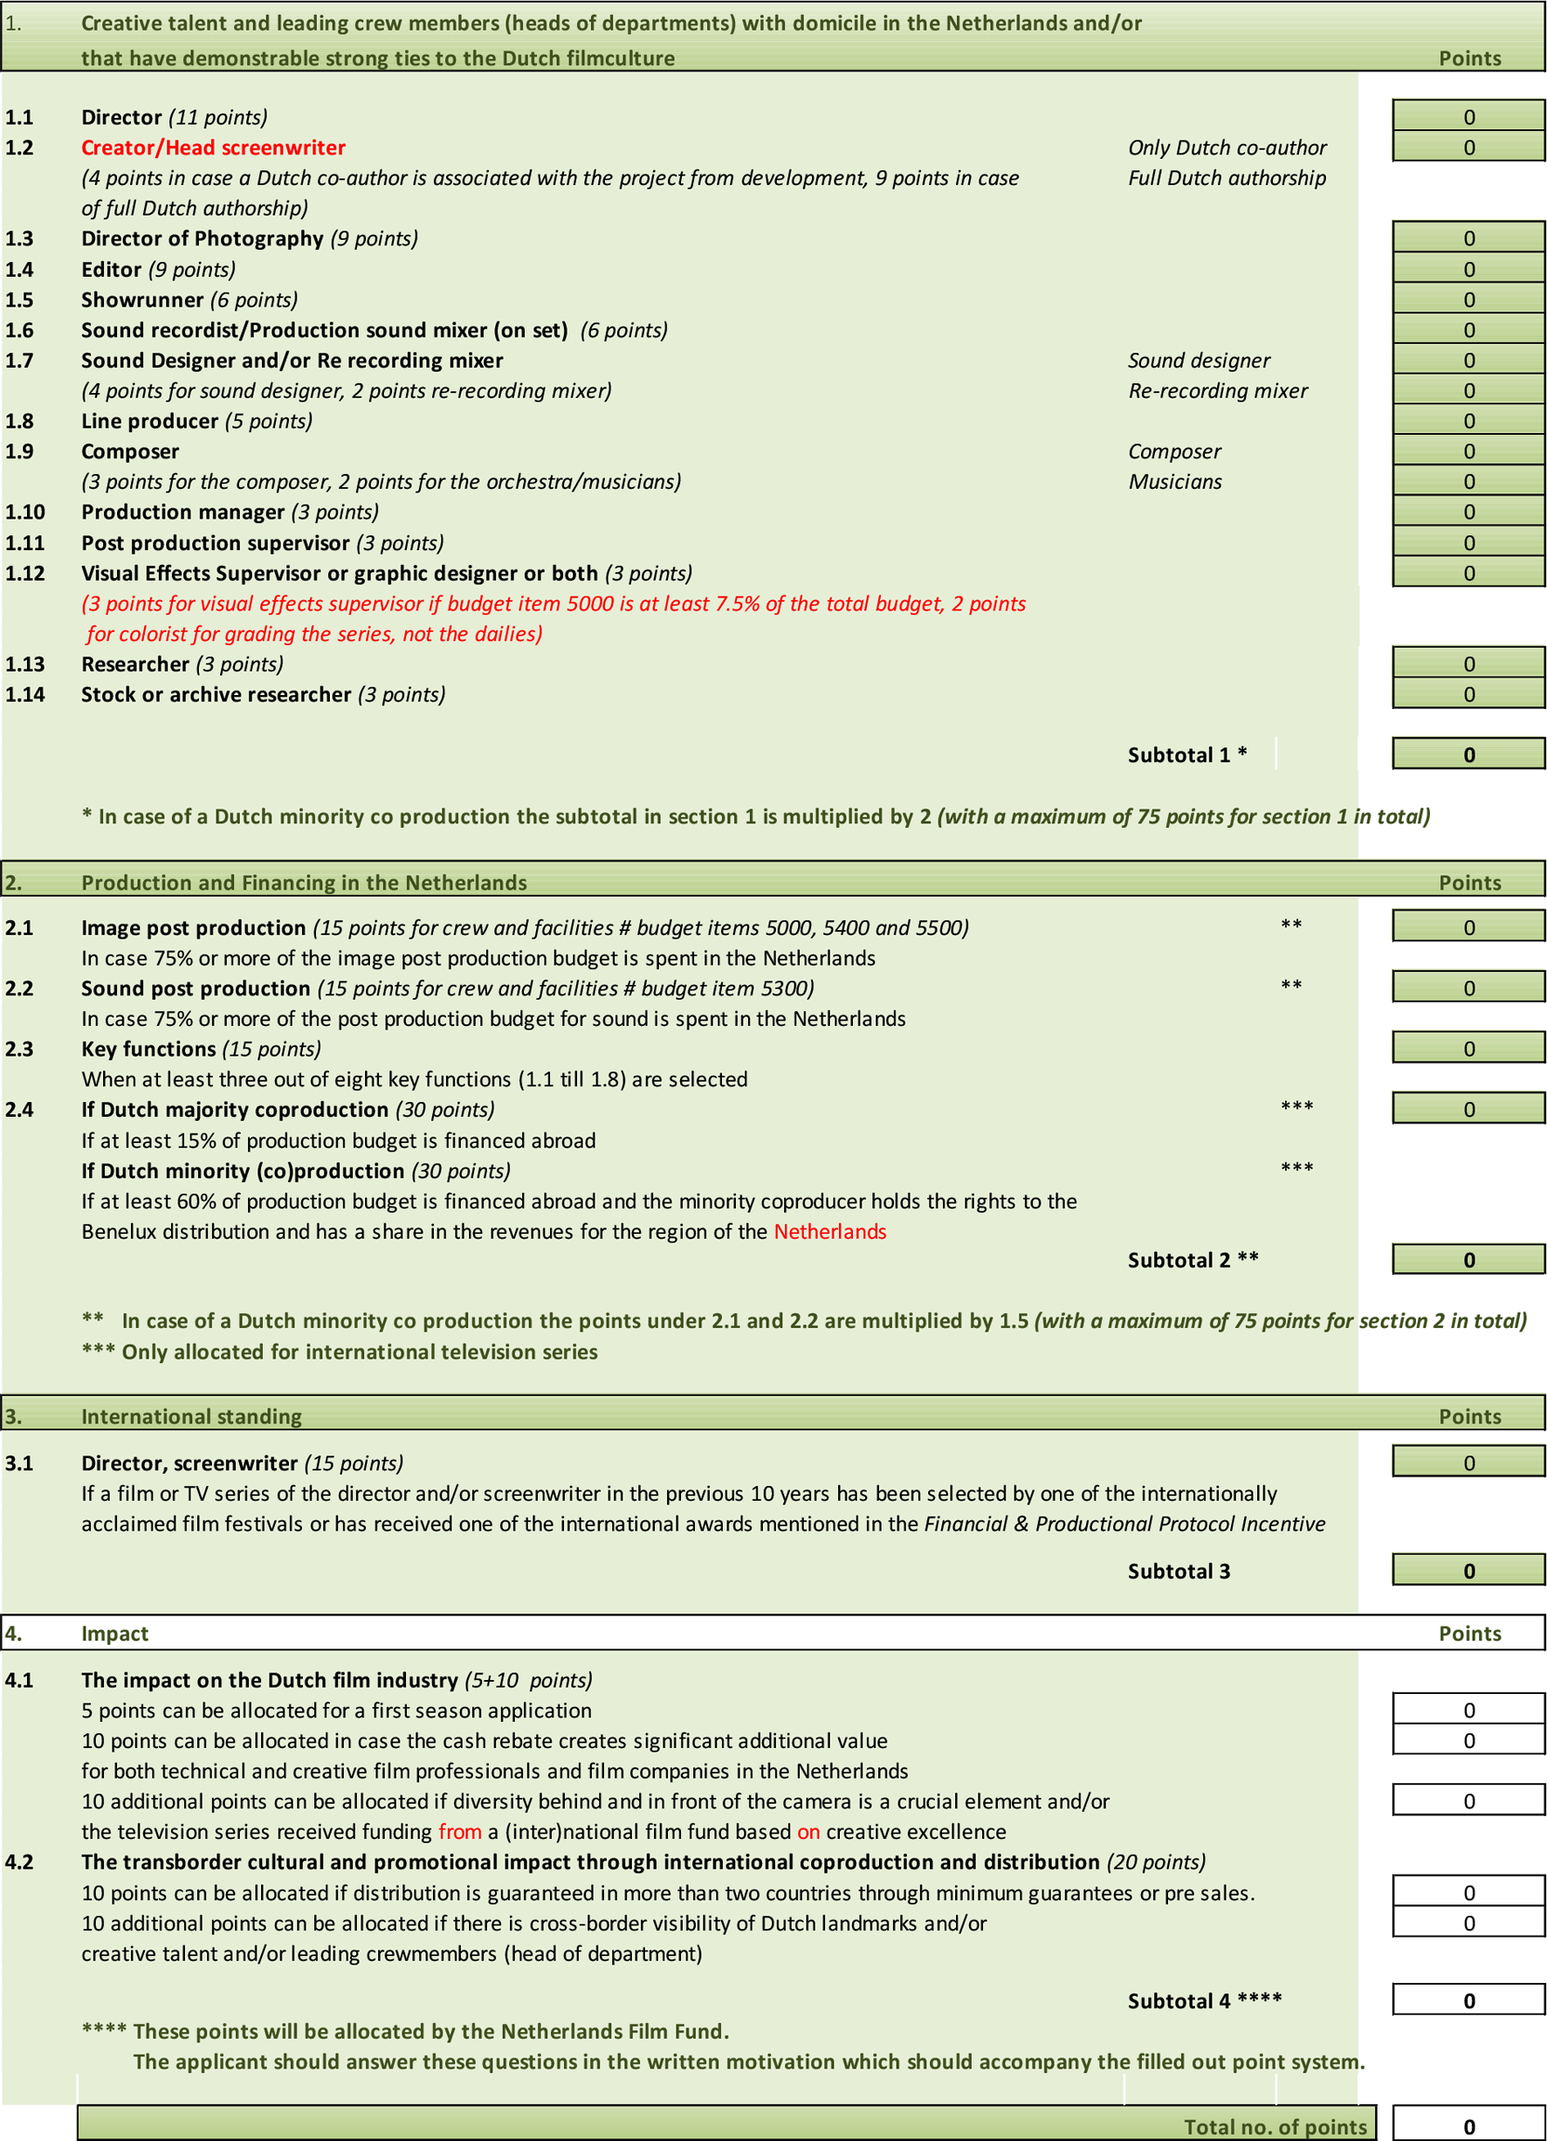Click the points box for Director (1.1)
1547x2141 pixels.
pos(1468,117)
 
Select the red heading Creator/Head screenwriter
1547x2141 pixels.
pos(213,148)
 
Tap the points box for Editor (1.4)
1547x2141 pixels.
pos(1468,270)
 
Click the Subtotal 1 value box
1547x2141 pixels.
pos(1468,755)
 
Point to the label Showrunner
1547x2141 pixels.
pos(141,300)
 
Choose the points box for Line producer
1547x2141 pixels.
pos(1468,421)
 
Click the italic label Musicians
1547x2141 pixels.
pos(1174,482)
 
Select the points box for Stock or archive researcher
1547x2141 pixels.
pos(1468,695)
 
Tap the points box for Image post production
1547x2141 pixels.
pos(1468,928)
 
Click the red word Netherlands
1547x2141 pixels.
pos(829,1232)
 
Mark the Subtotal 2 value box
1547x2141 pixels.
pos(1468,1260)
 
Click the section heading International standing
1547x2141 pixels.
pos(191,1417)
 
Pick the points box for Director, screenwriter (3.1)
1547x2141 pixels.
pos(1468,1463)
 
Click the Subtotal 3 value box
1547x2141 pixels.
pos(1468,1572)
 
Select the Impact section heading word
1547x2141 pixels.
pos(114,1634)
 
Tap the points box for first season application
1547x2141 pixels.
pos(1468,1711)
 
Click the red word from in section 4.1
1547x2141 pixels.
pos(460,1832)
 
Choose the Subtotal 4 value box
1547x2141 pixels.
pos(1468,2001)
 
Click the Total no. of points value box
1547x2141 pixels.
pos(1468,2127)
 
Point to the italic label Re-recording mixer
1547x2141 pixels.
pos(1218,392)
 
